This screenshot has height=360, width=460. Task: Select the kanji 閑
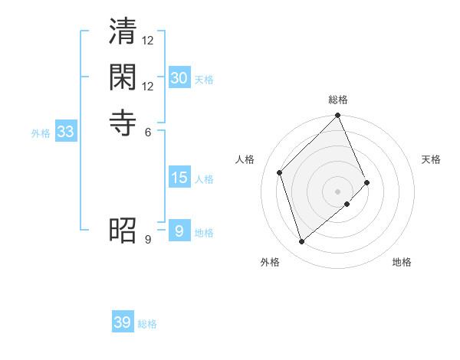[x=123, y=77]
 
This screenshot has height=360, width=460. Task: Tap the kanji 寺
[x=123, y=122]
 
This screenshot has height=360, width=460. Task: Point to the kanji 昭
[x=123, y=230]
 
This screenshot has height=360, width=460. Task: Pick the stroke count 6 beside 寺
[x=148, y=131]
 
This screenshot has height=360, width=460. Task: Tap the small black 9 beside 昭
[x=148, y=239]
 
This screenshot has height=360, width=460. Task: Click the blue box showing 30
[x=179, y=78]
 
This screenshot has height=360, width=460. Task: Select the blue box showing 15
[x=179, y=178]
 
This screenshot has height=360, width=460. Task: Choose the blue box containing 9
[x=179, y=231]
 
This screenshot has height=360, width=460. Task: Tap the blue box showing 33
[x=66, y=132]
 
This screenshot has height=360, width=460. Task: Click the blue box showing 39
[x=122, y=322]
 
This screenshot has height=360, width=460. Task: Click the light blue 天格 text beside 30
[x=204, y=80]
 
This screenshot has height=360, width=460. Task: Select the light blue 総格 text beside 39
[x=147, y=324]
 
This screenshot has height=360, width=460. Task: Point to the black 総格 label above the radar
[x=338, y=100]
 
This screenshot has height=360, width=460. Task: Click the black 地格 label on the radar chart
[x=402, y=262]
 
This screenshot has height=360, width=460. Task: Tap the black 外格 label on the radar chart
[x=270, y=262]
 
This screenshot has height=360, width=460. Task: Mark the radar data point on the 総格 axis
[x=338, y=116]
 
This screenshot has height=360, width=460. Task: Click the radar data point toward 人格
[x=280, y=172]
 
